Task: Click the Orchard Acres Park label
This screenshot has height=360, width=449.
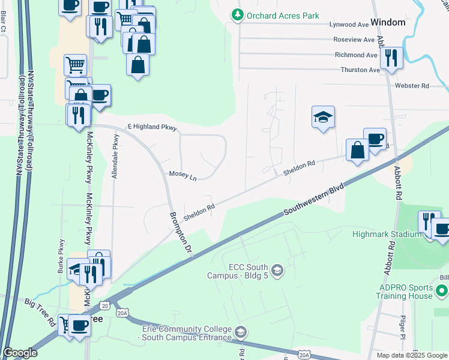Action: pyautogui.click(x=282, y=15)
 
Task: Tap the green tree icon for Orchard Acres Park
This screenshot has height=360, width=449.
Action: pyautogui.click(x=238, y=15)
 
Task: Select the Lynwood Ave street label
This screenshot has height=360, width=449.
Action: pyautogui.click(x=349, y=25)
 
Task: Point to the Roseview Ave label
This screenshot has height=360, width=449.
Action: pyautogui.click(x=354, y=40)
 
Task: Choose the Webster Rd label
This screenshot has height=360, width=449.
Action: pyautogui.click(x=412, y=86)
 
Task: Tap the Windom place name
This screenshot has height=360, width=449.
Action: pyautogui.click(x=388, y=22)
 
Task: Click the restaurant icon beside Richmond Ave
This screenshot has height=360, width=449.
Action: pyautogui.click(x=391, y=58)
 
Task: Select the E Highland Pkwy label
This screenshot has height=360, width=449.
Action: pyautogui.click(x=152, y=127)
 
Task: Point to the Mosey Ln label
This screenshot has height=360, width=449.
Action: pyautogui.click(x=182, y=175)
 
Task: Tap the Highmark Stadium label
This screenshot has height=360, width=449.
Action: pyautogui.click(x=396, y=234)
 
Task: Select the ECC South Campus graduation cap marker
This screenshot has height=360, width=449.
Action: pyautogui.click(x=277, y=271)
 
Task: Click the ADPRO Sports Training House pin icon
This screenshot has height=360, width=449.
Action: pyautogui.click(x=442, y=291)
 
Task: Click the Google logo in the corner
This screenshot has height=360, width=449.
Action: pyautogui.click(x=20, y=353)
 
